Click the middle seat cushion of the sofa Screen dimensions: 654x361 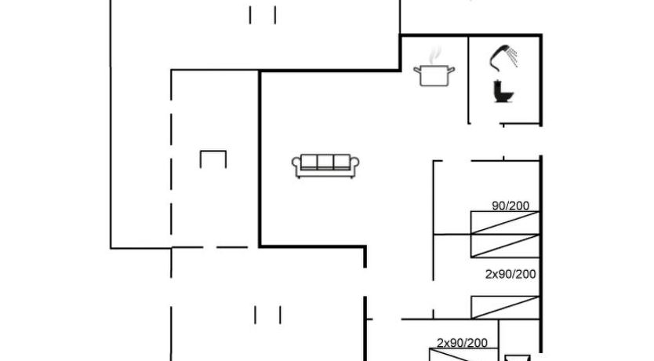[x=325, y=162]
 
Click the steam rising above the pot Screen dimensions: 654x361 [x=434, y=55]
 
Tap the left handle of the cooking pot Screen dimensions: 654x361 [x=416, y=70]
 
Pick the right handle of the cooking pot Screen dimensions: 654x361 [x=452, y=70]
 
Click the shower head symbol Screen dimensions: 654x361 [x=499, y=57]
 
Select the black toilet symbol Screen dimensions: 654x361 [x=503, y=91]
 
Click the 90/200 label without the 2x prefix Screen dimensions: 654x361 [x=510, y=206]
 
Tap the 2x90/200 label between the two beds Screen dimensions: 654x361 [x=510, y=274]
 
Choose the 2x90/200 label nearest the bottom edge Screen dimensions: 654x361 [x=462, y=343]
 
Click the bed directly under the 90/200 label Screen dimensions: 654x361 [x=505, y=222]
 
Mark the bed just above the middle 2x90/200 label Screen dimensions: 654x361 [x=505, y=246]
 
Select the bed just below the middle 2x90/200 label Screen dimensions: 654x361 [x=505, y=307]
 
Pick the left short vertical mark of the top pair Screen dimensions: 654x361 [x=250, y=15]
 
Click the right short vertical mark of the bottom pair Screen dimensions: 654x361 [x=280, y=315]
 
